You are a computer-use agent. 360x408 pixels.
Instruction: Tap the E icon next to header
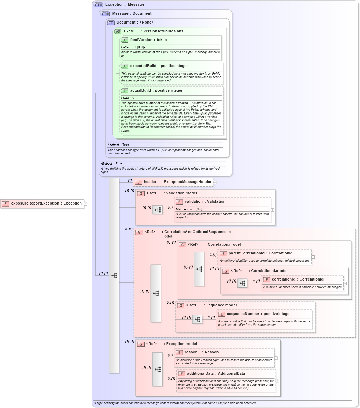pyautogui.click(x=138, y=182)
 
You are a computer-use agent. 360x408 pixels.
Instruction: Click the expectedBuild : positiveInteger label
pyautogui.click(x=159, y=66)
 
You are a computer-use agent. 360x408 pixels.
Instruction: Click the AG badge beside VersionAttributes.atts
pyautogui.click(x=118, y=31)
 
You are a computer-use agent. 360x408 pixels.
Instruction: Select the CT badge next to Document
pyautogui.click(x=111, y=22)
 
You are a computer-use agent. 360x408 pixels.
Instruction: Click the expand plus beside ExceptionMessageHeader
pyautogui.click(x=215, y=182)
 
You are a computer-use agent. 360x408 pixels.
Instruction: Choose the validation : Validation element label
pyautogui.click(x=205, y=201)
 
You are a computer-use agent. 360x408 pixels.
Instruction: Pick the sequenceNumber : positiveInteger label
pyautogui.click(x=259, y=314)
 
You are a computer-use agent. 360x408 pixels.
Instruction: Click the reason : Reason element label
pyautogui.click(x=201, y=352)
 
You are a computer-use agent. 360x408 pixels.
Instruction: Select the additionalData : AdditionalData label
pyautogui.click(x=216, y=373)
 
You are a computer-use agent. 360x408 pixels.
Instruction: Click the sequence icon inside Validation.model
pyautogui.click(x=157, y=210)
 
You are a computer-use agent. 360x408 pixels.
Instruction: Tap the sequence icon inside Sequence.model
pyautogui.click(x=197, y=319)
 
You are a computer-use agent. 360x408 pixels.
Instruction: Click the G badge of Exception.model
pyautogui.click(x=141, y=344)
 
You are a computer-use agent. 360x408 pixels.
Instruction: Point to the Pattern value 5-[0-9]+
pyautogui.click(x=140, y=47)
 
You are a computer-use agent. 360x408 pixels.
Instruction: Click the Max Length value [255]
pyautogui.click(x=199, y=209)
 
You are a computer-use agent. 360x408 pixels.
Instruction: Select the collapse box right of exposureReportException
pyautogui.click(x=86, y=204)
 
